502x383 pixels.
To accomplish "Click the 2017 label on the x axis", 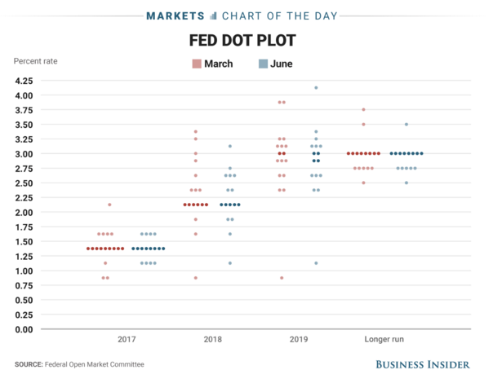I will tap(127, 338).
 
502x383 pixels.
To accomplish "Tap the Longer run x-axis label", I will tap(384, 338).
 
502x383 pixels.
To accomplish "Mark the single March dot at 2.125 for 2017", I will tap(109, 205).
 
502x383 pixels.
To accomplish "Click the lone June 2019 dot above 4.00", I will tap(316, 88).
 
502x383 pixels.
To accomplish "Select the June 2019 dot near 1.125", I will tap(316, 263).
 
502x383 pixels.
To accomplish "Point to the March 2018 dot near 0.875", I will tap(195, 278).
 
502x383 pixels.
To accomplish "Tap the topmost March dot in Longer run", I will tap(363, 110).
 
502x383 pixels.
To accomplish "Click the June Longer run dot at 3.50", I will tap(406, 125).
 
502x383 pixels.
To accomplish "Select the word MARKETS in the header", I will tap(174, 15).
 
